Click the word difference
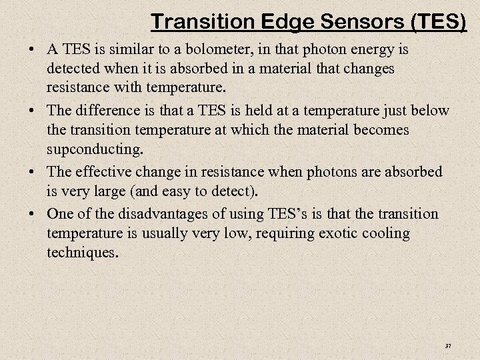[109, 111]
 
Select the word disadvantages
[160, 213]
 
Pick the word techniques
[83, 254]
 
